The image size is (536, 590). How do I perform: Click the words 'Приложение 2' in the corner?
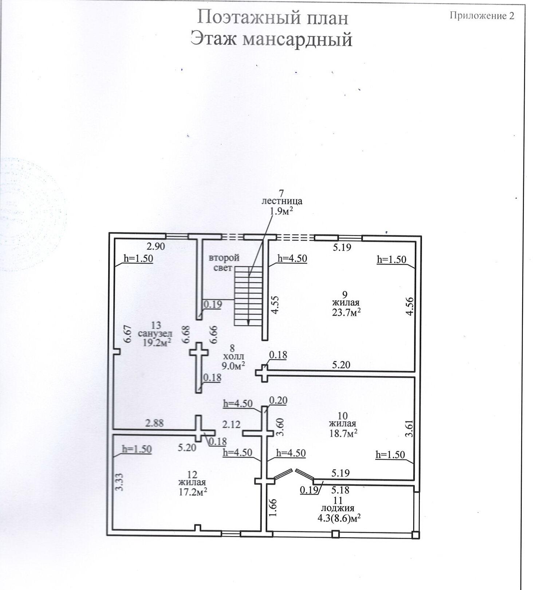pos(482,16)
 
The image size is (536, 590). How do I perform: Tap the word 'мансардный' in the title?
pos(297,39)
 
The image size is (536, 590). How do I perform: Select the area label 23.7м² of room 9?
pos(346,312)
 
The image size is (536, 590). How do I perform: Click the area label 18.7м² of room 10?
pos(343,433)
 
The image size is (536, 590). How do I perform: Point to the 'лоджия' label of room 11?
pos(338,508)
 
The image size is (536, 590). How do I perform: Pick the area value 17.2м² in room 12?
pos(193,492)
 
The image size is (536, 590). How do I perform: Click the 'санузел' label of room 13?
pos(155,333)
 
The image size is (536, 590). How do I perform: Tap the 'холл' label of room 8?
pos(233,356)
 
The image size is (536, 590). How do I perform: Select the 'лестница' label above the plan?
pos(281,201)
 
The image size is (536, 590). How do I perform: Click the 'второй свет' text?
pos(224,263)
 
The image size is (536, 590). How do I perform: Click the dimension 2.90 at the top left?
pos(155,246)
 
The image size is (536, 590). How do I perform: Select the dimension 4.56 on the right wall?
pos(410,306)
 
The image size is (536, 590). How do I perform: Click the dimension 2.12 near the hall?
pos(231,424)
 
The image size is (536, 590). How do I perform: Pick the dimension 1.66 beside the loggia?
pos(274,508)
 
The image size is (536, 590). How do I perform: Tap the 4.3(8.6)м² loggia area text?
pos(339,518)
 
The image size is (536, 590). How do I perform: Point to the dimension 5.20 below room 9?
pos(341,364)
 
